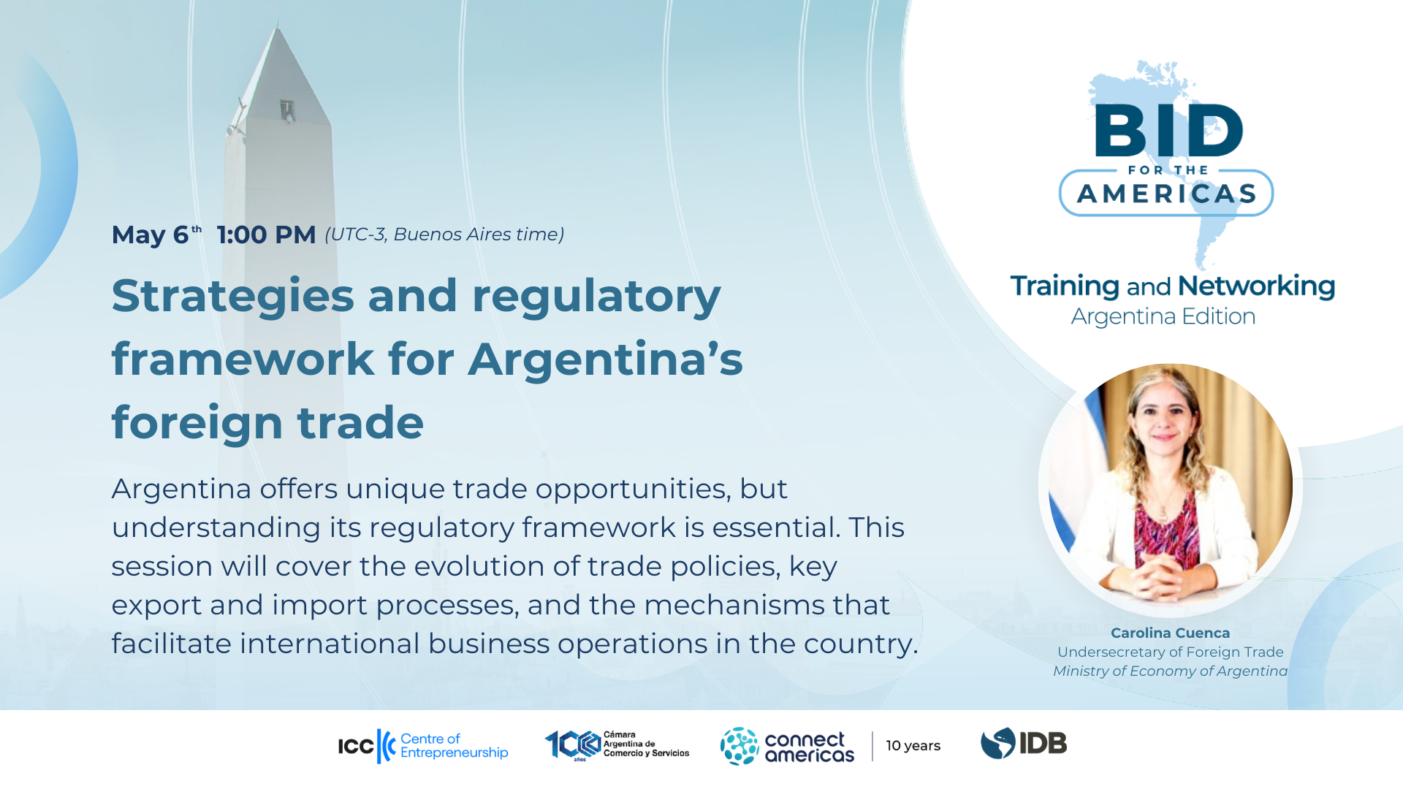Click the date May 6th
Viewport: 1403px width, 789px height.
156,235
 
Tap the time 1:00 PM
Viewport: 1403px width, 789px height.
266,235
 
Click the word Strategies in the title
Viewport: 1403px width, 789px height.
233,297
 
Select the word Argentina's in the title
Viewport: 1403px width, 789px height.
605,359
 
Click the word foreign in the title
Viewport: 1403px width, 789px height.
197,423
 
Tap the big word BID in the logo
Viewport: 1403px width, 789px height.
1168,131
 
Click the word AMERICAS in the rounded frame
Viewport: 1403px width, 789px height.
1166,194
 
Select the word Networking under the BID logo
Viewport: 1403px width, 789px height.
1256,286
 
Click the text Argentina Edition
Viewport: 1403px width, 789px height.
1163,316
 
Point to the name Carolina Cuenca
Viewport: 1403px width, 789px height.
1170,633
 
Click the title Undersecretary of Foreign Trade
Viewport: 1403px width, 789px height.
1170,652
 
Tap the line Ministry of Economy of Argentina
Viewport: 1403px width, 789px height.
1170,671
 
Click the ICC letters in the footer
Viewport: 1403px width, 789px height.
356,746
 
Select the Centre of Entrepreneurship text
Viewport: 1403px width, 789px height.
454,745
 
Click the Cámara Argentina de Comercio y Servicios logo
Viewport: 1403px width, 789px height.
617,745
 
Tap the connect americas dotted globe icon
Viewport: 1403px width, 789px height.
739,746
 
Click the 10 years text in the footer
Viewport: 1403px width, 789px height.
913,746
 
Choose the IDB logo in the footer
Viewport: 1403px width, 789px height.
1023,744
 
